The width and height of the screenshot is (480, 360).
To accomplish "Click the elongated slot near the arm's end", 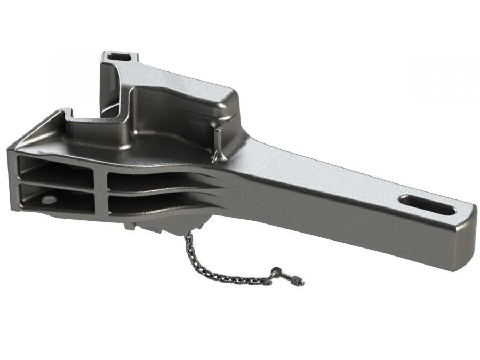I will click(427, 203).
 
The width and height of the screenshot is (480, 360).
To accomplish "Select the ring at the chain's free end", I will click(276, 273).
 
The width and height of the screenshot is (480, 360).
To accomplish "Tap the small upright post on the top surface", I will click(217, 142).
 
